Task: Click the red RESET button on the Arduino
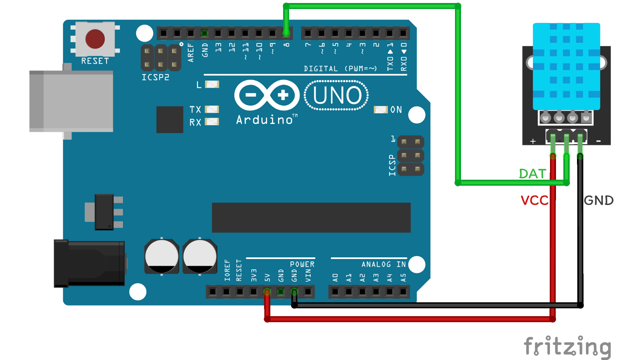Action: coord(95,39)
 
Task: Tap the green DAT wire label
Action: coord(532,174)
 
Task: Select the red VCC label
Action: coord(534,200)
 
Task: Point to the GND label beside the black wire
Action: coord(599,200)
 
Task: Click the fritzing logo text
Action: coord(568,347)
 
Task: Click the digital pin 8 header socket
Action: coord(286,33)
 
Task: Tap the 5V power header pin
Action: coord(267,292)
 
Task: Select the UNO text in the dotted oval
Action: coord(337,96)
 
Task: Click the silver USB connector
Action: coord(71,101)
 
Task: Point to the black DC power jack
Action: coord(89,263)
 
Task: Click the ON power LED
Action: coord(380,110)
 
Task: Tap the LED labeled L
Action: coord(212,84)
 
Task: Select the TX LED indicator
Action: coord(212,109)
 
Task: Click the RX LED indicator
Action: coord(212,122)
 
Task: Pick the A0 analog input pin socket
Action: coord(335,292)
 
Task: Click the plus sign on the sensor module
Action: coord(533,141)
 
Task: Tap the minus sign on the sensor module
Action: coord(599,141)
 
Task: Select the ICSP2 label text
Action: coord(155,77)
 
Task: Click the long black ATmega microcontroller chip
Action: coord(311,218)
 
